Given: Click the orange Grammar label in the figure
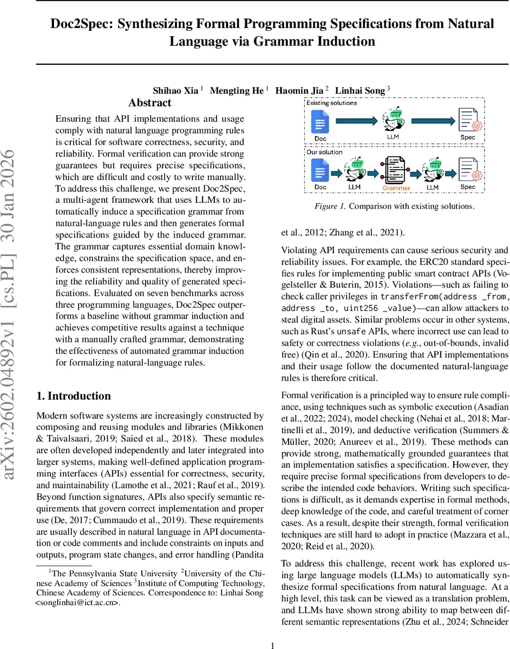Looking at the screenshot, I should (x=396, y=188).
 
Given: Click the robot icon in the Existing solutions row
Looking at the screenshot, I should (x=393, y=120).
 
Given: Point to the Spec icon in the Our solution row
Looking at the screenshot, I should (x=468, y=169).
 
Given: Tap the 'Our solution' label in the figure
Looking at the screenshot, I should (x=324, y=152).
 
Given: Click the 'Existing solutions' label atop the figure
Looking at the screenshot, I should (x=331, y=103).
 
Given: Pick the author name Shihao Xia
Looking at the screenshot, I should (x=176, y=90).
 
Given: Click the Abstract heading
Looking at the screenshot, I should (x=149, y=103).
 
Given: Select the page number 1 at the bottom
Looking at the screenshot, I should (x=273, y=630).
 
